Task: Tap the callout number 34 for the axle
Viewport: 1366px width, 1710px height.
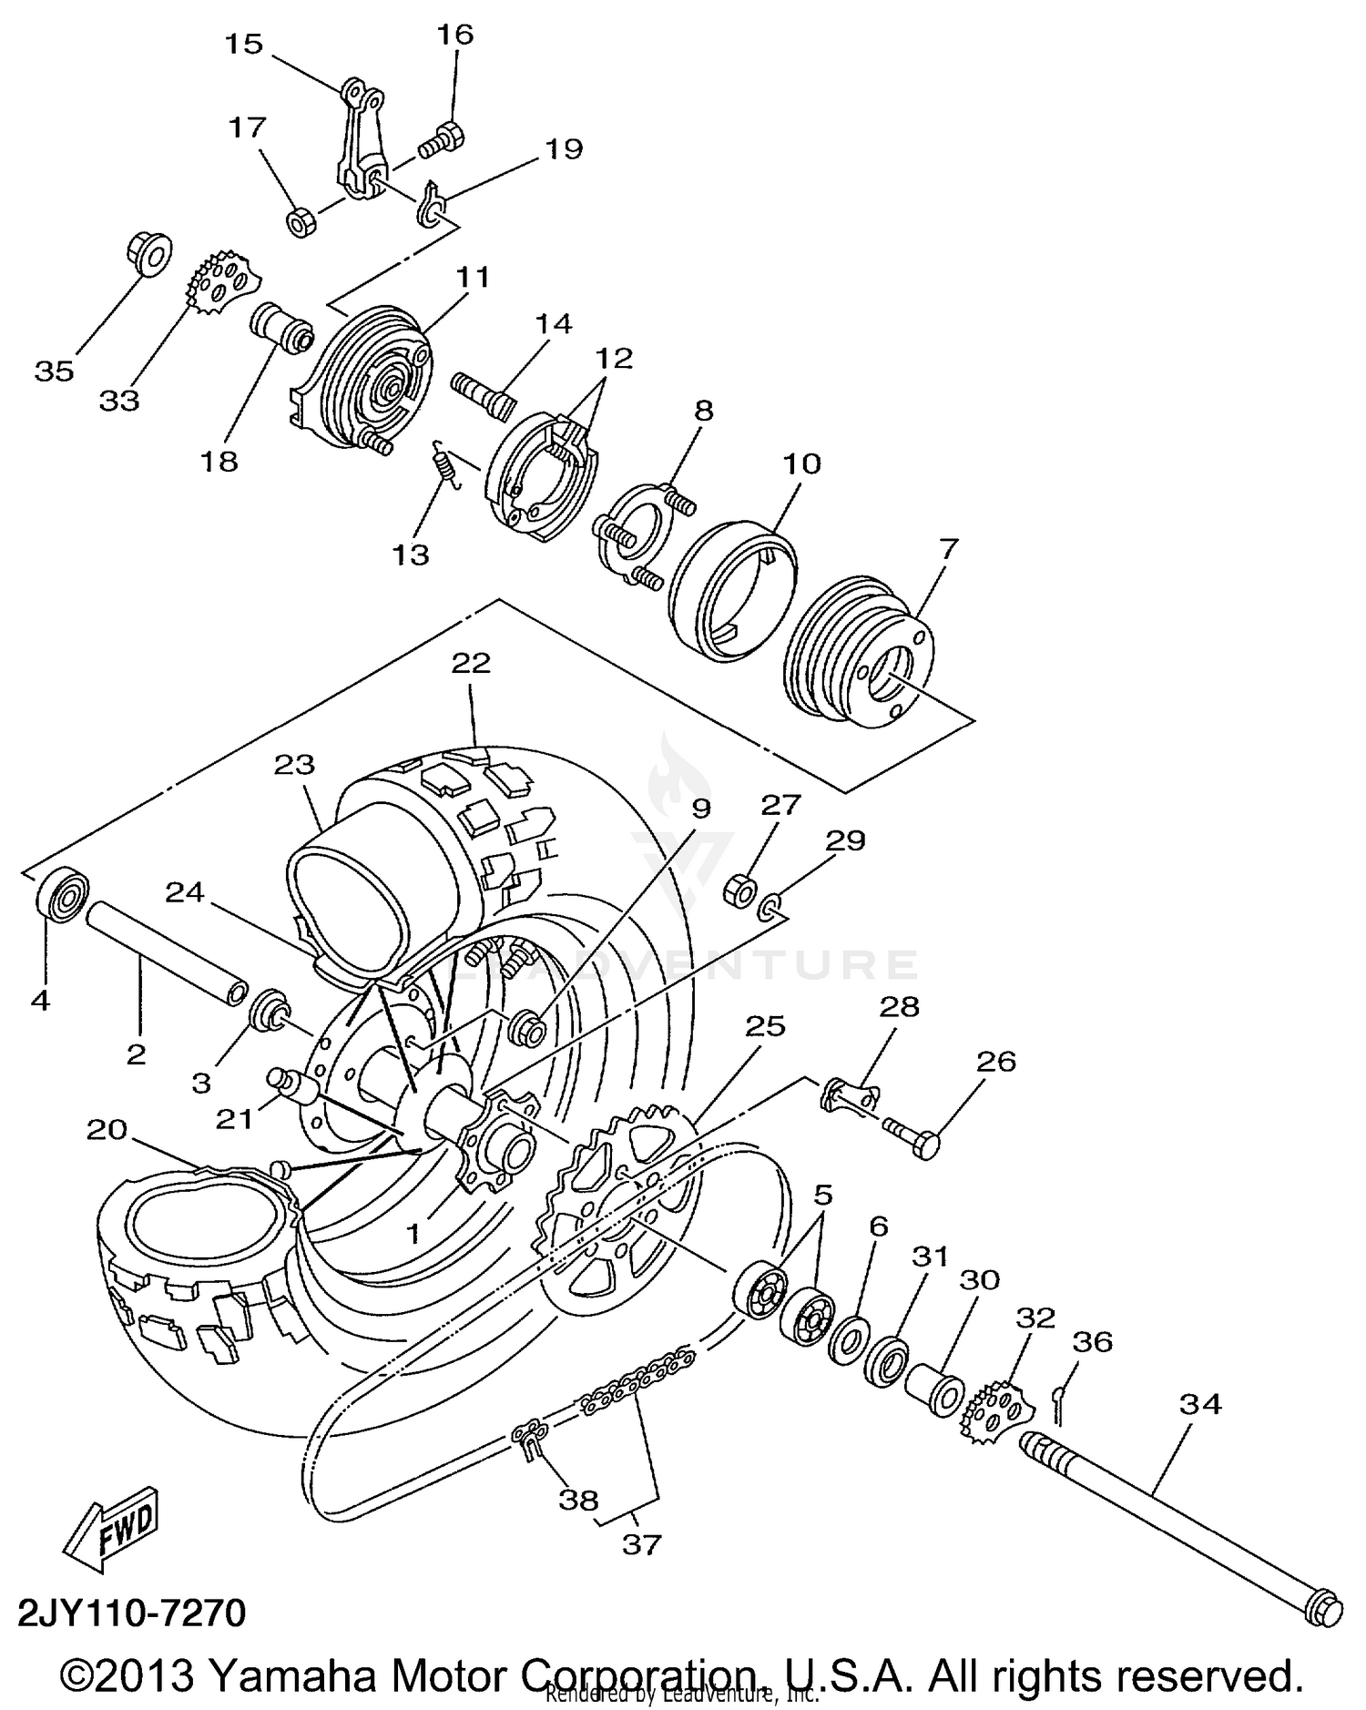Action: pos(1199,1405)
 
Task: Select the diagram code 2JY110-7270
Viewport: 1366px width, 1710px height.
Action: pos(132,1613)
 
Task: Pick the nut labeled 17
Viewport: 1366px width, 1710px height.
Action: pos(301,221)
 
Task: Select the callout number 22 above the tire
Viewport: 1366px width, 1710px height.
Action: pos(471,662)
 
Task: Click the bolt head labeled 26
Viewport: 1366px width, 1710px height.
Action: pos(925,1145)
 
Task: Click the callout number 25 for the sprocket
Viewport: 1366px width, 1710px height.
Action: pos(765,1025)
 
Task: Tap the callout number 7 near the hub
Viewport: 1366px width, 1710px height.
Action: pos(948,548)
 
